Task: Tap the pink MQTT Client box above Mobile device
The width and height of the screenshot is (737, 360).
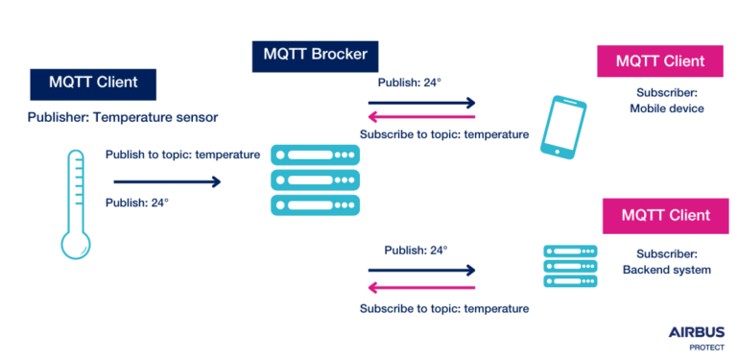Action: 660,60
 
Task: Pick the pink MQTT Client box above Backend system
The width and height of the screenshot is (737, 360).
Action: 665,215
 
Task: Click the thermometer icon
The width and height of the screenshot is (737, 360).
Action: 74,204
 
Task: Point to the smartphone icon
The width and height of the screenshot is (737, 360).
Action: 559,126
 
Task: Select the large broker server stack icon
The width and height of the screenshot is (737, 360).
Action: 315,179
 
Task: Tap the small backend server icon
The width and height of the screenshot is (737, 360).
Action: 563,266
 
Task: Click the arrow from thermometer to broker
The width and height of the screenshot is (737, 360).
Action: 166,180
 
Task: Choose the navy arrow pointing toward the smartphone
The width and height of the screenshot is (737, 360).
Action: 422,103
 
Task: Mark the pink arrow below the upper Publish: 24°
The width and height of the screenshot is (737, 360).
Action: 422,117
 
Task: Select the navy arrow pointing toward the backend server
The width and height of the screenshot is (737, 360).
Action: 422,271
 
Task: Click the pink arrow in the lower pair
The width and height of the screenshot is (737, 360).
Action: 422,286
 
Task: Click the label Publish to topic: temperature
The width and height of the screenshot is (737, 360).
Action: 182,155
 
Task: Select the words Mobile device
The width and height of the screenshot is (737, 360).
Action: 666,108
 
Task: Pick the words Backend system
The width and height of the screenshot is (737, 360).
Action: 666,270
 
